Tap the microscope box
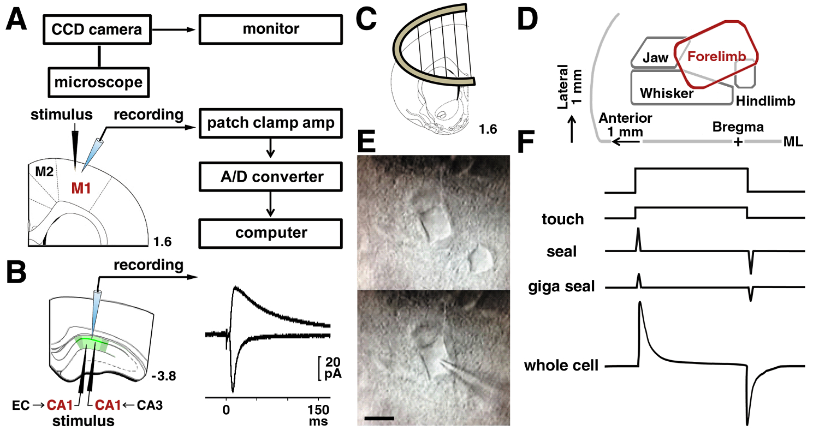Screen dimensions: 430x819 point(98,82)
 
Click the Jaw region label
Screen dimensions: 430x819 point(655,57)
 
